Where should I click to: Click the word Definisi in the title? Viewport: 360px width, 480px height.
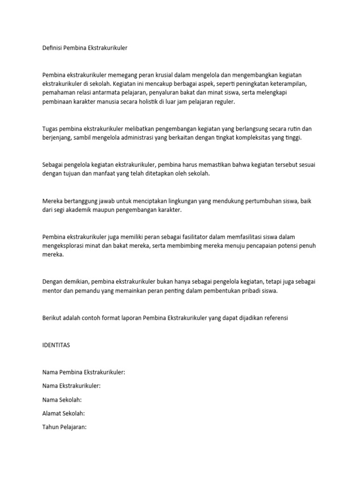(52, 48)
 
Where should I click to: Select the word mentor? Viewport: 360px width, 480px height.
(52, 291)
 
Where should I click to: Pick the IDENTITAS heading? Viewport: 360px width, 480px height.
(56, 345)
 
